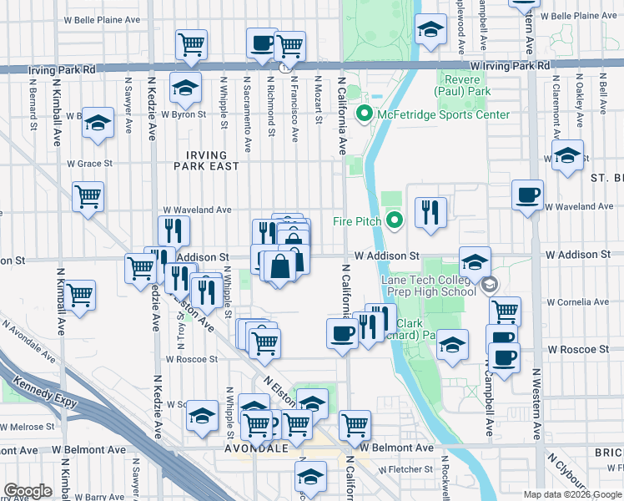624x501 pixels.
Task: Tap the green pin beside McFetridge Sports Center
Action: (364, 114)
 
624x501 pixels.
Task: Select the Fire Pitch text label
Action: (356, 221)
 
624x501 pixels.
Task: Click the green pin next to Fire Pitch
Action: (395, 221)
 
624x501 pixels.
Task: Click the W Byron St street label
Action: (184, 114)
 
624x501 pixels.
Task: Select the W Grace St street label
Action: (89, 164)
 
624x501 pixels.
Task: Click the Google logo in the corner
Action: (28, 491)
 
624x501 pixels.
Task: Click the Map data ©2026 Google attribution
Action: (571, 494)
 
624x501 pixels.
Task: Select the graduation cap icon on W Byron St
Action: (185, 87)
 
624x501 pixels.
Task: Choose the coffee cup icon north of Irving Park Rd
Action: (262, 43)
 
